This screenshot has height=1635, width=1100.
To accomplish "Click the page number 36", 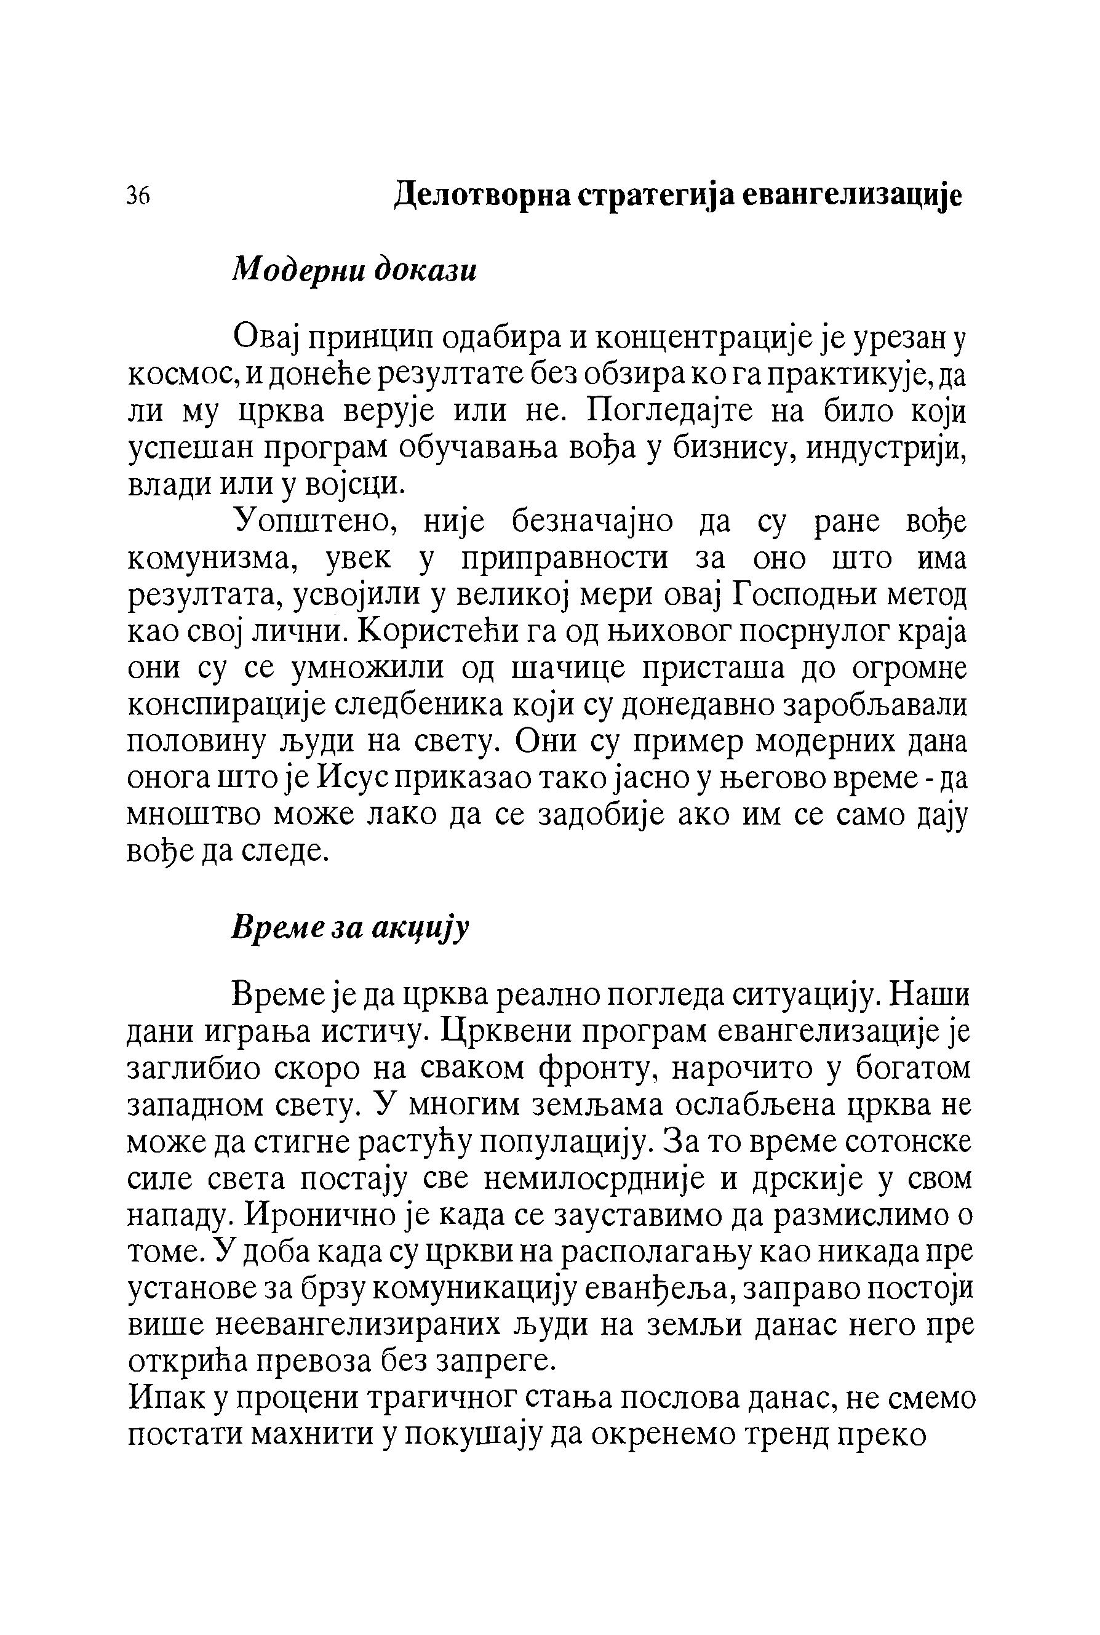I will [x=139, y=196].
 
